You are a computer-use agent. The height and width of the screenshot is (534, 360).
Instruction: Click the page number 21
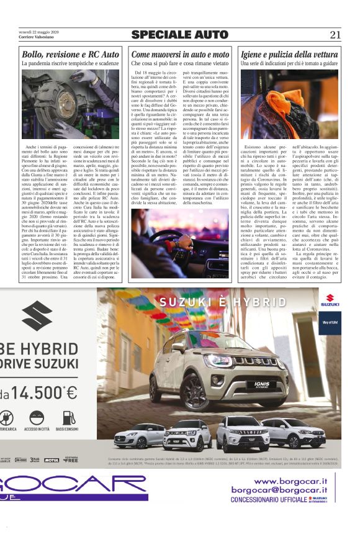(x=335, y=35)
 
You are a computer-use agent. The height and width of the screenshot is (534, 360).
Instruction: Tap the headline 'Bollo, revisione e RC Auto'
(x=70, y=55)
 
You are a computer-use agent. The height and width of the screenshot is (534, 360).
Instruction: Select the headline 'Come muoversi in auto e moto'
(x=180, y=55)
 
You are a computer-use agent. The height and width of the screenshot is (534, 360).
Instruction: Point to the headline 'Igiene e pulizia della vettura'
(x=290, y=55)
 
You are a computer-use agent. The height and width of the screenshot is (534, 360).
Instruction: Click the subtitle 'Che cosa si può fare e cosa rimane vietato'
(x=180, y=64)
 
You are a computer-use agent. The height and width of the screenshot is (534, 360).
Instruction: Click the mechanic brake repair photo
(x=70, y=102)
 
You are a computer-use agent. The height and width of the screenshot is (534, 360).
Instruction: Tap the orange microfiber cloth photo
(x=290, y=102)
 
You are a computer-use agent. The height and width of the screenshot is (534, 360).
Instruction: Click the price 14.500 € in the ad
(x=43, y=392)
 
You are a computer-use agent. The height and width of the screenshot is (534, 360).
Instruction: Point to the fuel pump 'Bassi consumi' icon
(x=66, y=417)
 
